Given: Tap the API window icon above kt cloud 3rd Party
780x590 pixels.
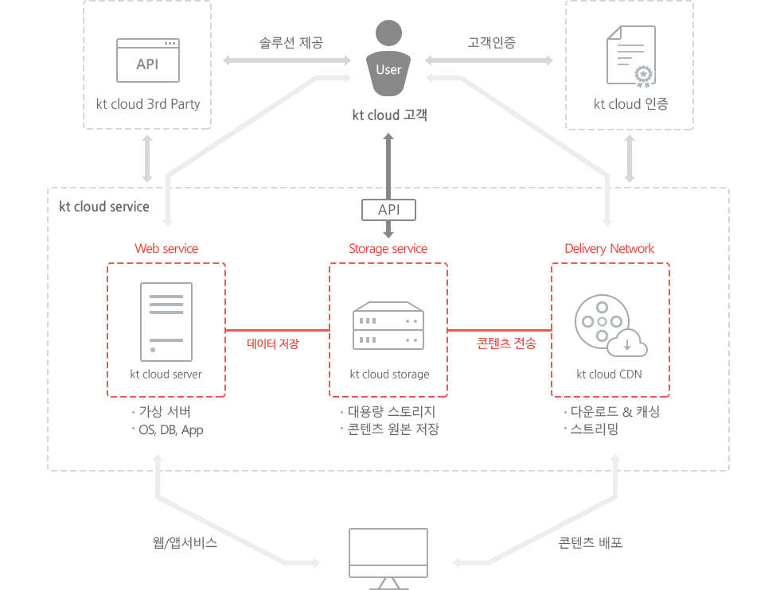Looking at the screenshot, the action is point(148,60).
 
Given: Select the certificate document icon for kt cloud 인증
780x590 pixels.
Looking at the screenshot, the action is point(631,56).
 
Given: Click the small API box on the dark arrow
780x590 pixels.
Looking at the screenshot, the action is point(388,210).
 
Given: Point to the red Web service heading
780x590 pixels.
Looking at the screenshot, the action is point(166,249).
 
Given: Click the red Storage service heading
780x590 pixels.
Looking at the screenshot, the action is point(388,249).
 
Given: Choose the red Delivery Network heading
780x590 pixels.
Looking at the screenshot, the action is point(610,249).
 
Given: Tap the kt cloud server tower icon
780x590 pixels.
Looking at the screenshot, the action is point(166,321).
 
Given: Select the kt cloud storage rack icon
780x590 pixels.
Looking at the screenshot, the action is point(388,325).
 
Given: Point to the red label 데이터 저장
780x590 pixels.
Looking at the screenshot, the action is point(273,344).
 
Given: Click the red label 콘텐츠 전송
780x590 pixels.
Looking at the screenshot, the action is point(506,343).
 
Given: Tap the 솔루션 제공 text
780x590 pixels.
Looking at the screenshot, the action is point(291,43).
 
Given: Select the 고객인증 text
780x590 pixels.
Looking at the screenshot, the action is point(492,42).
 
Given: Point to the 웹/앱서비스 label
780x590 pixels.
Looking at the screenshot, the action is point(185,542).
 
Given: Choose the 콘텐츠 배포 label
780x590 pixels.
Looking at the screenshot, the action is point(591,542).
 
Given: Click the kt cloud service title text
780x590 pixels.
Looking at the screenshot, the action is point(104,206).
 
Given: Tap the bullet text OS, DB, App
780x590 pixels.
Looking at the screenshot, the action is point(170,430).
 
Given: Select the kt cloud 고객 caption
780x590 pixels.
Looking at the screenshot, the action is point(389,115).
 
